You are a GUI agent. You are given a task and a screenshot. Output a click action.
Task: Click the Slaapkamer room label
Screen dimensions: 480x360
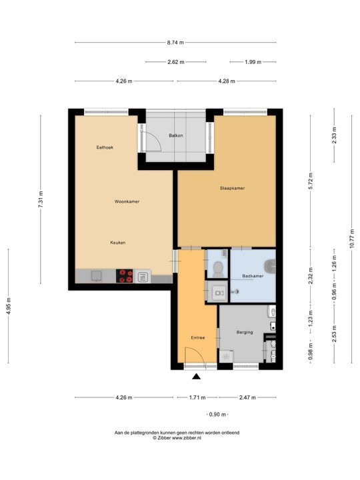pos(232,188)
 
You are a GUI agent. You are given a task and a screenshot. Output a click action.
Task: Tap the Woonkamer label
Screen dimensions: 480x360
pos(127,201)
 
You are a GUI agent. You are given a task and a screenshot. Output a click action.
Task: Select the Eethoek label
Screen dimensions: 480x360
pos(105,147)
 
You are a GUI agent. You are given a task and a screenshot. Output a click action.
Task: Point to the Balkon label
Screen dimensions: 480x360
pos(176,135)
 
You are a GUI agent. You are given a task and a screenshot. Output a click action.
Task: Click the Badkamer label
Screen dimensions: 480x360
pos(252,275)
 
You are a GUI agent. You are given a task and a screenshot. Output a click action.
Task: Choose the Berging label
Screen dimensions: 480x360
pos(245,332)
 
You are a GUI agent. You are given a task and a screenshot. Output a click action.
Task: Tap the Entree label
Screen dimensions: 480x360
pos(198,337)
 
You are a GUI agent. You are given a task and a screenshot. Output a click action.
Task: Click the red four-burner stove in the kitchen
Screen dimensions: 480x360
pos(125,276)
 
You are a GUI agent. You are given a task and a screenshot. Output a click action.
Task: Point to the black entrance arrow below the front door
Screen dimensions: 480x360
pos(196,377)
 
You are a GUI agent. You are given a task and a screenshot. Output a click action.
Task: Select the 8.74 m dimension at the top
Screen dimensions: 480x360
pos(175,42)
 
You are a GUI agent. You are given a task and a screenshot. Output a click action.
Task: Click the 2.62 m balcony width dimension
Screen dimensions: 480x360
pos(176,62)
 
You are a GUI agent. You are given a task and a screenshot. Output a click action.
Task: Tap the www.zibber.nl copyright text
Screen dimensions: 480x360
pos(177,438)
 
